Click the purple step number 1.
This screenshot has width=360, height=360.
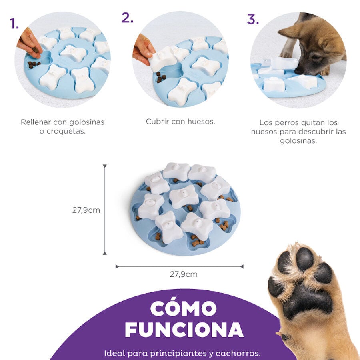(x=14, y=24)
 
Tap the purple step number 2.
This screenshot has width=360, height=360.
(x=127, y=18)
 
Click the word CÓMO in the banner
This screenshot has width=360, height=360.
(x=184, y=309)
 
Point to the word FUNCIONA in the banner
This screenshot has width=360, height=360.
(x=184, y=329)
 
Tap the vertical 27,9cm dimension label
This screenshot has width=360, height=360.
(x=86, y=210)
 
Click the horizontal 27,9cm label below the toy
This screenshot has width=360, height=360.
(x=184, y=274)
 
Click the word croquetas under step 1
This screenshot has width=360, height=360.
(x=62, y=132)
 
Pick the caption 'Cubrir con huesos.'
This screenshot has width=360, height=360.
(x=180, y=122)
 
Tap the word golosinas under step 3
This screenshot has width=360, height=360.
(x=298, y=141)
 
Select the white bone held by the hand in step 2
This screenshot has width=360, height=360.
(x=163, y=59)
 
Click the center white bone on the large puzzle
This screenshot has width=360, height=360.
(x=184, y=196)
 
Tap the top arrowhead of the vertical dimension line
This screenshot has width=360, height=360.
(x=105, y=166)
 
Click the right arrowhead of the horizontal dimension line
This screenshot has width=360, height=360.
(x=242, y=266)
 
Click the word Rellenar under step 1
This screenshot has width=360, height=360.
(x=36, y=122)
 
